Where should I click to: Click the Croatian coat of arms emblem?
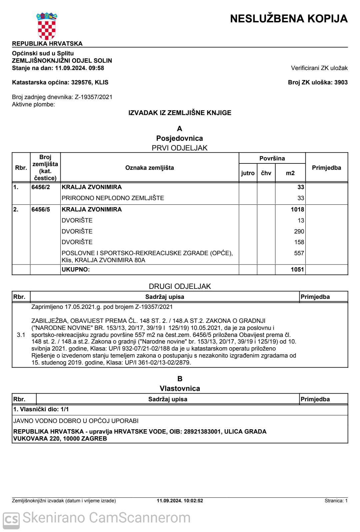(x=47, y=26)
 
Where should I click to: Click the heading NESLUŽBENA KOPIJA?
(x=289, y=18)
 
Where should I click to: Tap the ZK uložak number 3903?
(x=341, y=82)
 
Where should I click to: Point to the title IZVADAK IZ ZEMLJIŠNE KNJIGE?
(x=180, y=113)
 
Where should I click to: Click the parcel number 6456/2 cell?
(x=41, y=187)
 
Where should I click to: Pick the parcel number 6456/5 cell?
(x=41, y=209)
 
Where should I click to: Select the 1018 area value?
(x=297, y=209)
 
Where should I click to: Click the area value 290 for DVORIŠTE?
(x=299, y=231)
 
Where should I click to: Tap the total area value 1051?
(x=297, y=270)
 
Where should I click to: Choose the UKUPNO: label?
(x=76, y=270)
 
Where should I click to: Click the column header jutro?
(x=248, y=173)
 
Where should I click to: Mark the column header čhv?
(x=266, y=173)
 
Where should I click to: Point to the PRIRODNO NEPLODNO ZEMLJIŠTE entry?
(x=113, y=198)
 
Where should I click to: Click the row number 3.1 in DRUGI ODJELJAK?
(x=21, y=335)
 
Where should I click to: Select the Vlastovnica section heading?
(x=180, y=388)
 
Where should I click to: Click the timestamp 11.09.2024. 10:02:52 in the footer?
(x=180, y=501)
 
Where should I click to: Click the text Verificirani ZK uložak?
(x=319, y=68)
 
